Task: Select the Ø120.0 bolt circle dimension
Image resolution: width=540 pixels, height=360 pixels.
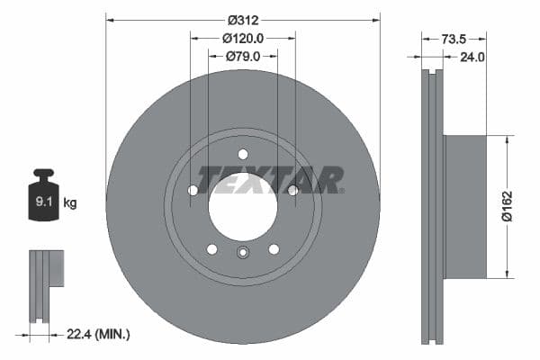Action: tap(243, 39)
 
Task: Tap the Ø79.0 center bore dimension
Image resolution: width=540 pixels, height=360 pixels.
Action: tap(243, 57)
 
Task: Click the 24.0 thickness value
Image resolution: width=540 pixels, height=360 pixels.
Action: tap(472, 57)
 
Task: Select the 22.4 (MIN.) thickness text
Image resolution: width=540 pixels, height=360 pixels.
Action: tap(99, 334)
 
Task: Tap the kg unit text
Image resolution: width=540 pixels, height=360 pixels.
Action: tap(70, 203)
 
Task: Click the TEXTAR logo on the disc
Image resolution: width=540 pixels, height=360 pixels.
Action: tap(270, 180)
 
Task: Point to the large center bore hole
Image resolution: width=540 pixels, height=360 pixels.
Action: tap(243, 205)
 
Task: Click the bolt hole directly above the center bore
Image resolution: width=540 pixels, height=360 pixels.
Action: tap(243, 154)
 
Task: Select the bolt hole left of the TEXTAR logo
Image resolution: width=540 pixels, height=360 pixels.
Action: tap(193, 190)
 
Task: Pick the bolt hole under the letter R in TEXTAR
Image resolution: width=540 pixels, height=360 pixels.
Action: tap(292, 190)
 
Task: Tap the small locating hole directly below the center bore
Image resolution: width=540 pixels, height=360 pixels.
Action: tap(243, 253)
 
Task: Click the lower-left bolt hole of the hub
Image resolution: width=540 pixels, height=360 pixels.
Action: tap(211, 249)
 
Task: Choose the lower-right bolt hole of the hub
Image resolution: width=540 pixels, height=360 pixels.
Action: tap(274, 249)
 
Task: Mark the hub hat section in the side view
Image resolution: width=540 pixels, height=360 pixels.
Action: tap(464, 207)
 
